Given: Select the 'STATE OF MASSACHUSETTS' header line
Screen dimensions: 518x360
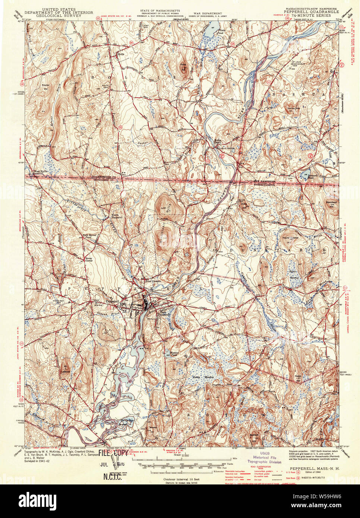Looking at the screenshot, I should [x=160, y=11].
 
